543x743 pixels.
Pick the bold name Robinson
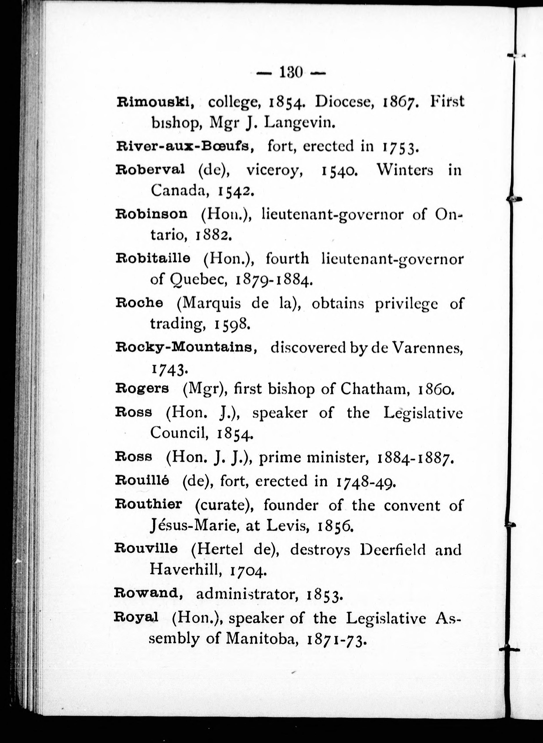152,214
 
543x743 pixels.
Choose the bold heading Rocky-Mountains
186,347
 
